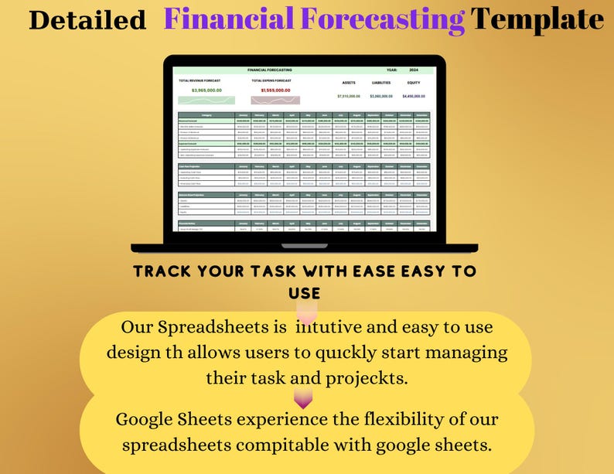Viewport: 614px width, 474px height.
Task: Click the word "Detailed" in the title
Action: pos(87,20)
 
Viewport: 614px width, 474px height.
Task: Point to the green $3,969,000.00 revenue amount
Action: pos(206,90)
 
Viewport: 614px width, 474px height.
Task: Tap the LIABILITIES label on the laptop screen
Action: pos(381,82)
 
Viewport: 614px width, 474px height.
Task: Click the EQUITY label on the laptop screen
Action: pos(414,82)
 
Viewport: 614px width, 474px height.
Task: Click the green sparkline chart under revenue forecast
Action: pos(206,101)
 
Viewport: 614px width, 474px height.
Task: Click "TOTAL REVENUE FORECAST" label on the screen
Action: pos(200,80)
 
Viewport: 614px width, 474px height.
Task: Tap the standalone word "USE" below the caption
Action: pos(304,294)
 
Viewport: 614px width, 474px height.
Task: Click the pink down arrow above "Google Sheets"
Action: pos(303,399)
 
